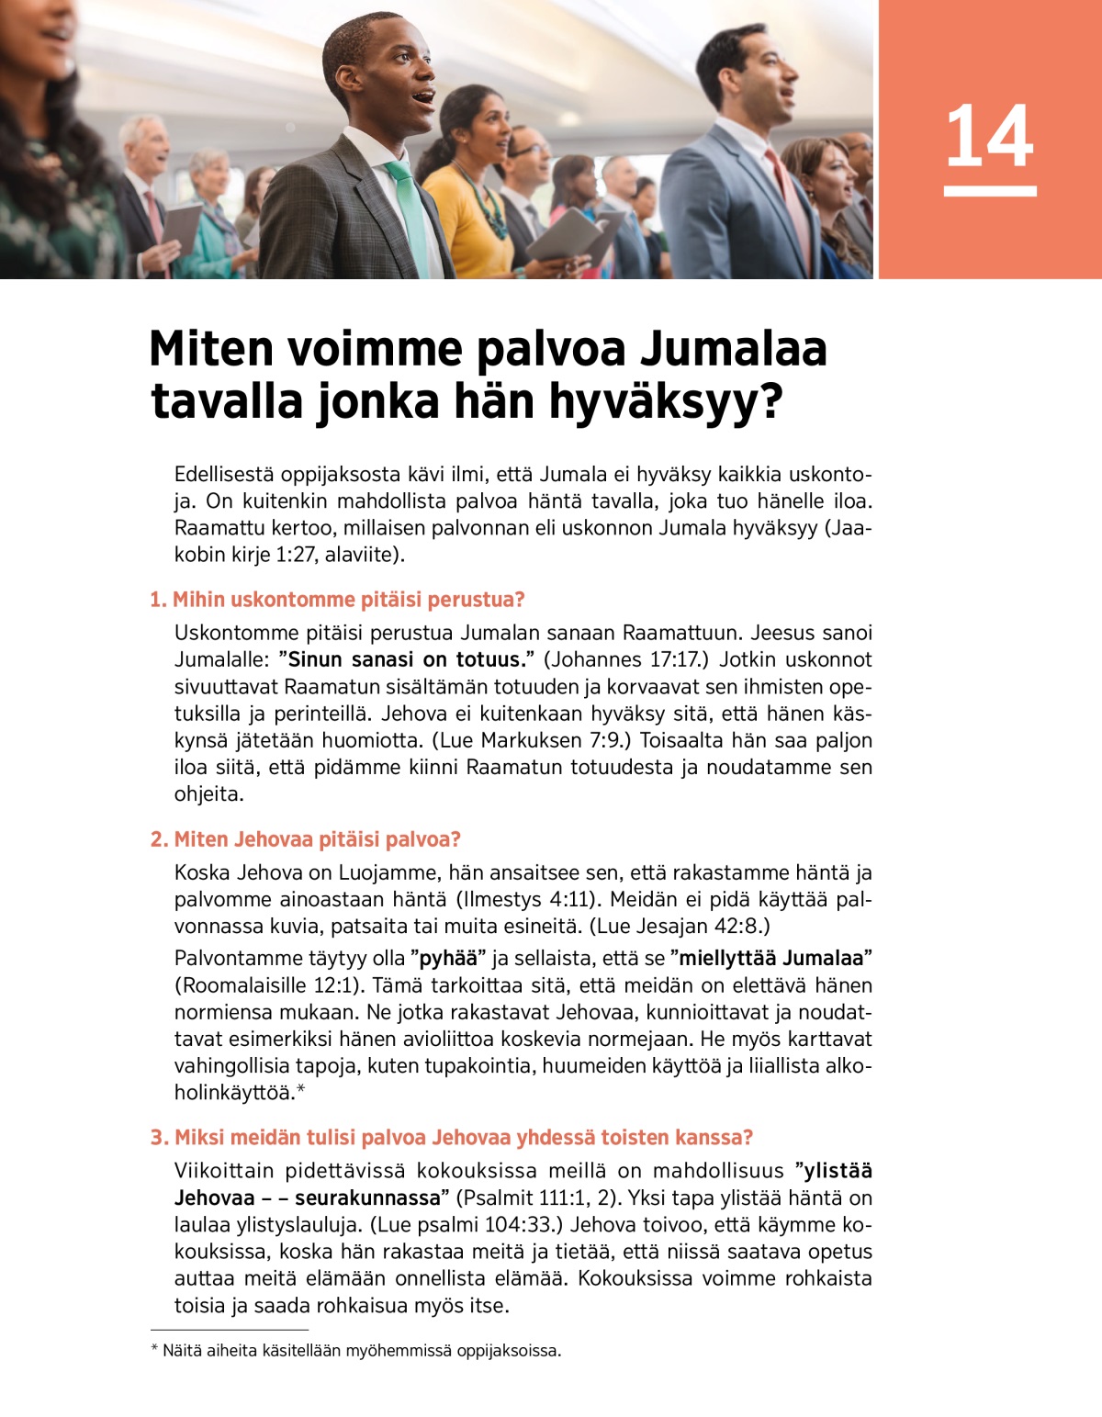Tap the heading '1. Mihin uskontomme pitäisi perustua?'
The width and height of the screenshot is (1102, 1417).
(337, 600)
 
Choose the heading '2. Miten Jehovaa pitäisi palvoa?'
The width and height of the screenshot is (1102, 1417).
(305, 839)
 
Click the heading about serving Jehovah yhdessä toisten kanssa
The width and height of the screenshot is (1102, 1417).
(451, 1137)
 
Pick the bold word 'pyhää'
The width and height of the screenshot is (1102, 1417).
(448, 959)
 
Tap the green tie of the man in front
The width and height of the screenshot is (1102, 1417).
(410, 216)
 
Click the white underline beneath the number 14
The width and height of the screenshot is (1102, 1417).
(990, 191)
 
